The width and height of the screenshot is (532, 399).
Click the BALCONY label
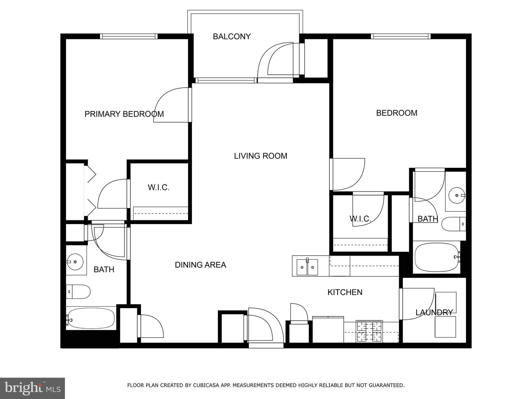coord(232,37)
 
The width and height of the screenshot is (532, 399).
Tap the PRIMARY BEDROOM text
coord(124,114)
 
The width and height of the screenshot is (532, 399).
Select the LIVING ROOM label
coord(261,156)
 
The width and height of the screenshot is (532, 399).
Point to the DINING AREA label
coord(200,265)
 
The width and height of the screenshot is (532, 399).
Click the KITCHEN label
coord(345,292)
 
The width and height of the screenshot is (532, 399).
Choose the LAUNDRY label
coord(434,312)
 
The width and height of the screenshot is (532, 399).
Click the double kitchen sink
coord(308,267)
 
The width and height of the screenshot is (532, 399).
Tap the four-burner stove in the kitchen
coord(369,331)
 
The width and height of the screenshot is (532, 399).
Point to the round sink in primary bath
coord(75,261)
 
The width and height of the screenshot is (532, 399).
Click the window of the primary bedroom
coord(129,36)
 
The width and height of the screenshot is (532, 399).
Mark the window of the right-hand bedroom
coord(401,36)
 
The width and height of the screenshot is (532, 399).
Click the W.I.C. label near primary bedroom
coord(158,187)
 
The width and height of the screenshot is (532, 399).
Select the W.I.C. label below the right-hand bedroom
coord(360,219)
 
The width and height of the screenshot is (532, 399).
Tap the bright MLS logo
coord(32,388)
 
